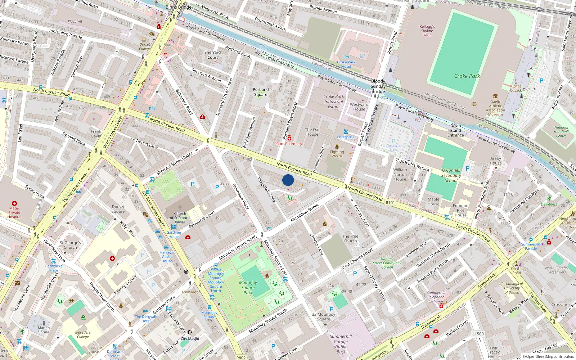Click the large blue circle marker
(x=288, y=180)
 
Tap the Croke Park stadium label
(x=467, y=76)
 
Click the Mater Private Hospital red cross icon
(x=14, y=203)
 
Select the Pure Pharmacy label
(x=289, y=144)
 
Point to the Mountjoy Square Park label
(x=248, y=287)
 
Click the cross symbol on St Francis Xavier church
(x=180, y=208)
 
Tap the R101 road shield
(x=390, y=203)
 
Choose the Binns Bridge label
(x=179, y=7)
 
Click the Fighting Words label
(x=337, y=154)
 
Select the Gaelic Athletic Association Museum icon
(x=495, y=96)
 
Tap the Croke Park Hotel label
(x=346, y=64)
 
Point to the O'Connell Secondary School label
(x=451, y=175)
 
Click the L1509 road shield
(x=478, y=334)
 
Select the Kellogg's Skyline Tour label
(x=427, y=31)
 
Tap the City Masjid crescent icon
(x=190, y=332)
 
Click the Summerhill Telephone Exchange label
(x=436, y=297)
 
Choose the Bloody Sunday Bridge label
(x=378, y=86)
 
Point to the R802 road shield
(x=241, y=357)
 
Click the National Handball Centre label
(x=561, y=132)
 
